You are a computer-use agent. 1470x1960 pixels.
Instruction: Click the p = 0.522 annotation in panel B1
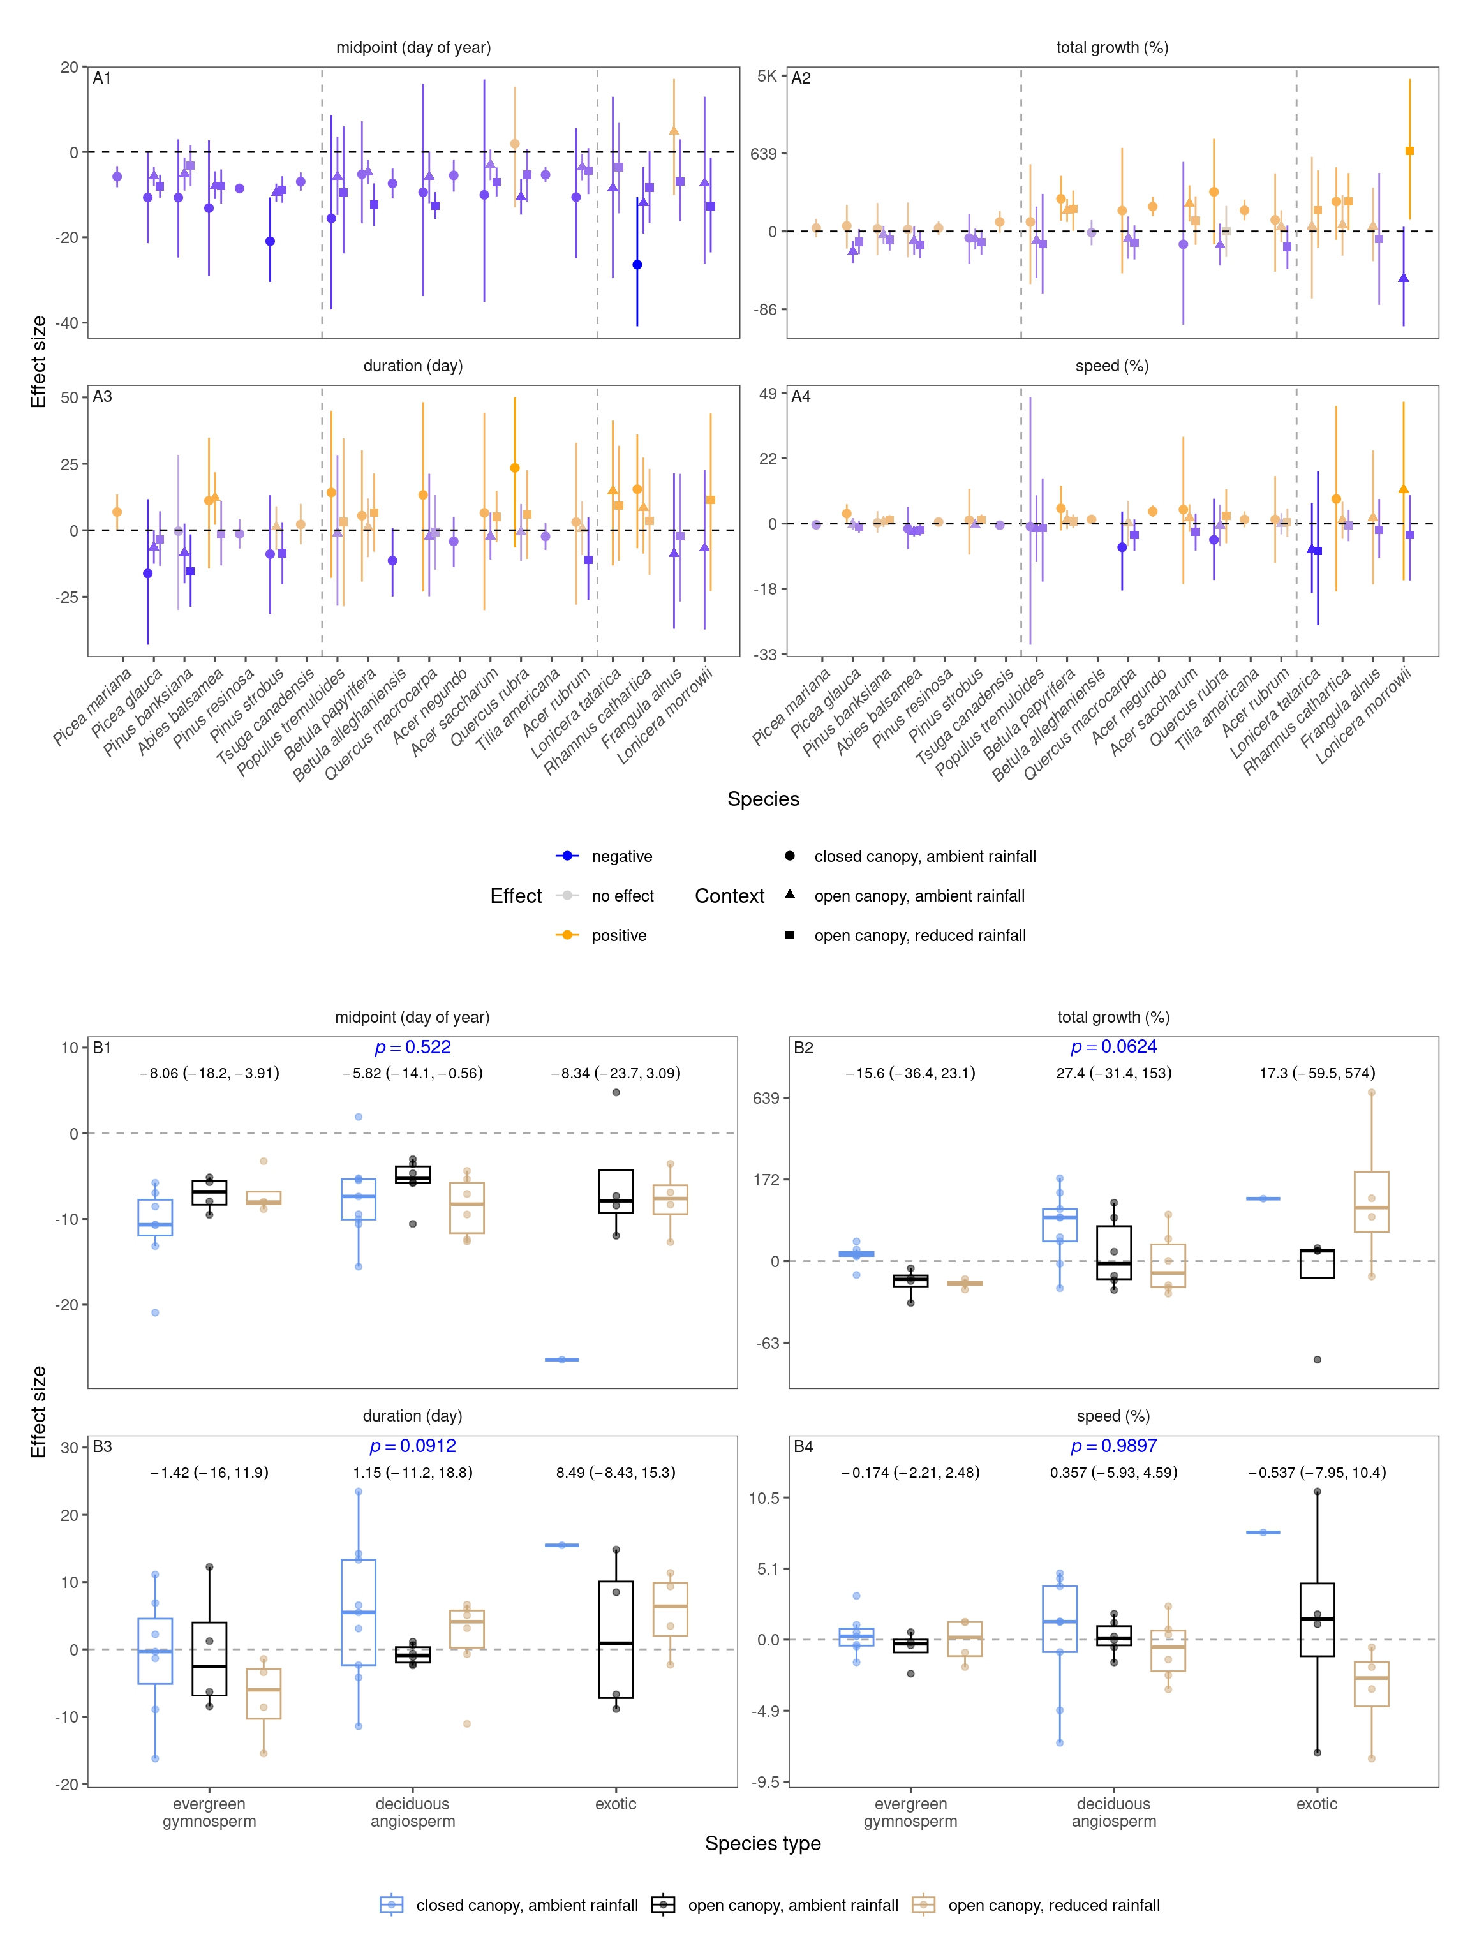(412, 1048)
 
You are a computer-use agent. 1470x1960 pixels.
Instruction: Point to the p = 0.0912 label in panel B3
(412, 1446)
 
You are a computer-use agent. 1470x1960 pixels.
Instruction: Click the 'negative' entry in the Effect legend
(621, 857)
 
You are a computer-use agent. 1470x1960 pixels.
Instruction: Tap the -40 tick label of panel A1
(68, 323)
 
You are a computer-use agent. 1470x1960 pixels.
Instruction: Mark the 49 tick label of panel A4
(768, 394)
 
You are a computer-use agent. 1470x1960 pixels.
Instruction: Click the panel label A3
(102, 397)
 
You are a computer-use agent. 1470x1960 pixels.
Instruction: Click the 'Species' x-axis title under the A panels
(763, 799)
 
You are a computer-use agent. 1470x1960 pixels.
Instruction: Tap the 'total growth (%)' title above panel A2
(1111, 48)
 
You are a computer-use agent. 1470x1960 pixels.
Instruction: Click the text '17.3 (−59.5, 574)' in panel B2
(1317, 1074)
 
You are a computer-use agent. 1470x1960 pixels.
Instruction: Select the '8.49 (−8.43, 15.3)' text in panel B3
(615, 1473)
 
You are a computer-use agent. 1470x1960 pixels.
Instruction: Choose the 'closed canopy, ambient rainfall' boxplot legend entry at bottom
(526, 1906)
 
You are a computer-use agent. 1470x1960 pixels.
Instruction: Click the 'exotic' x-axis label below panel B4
(1317, 1804)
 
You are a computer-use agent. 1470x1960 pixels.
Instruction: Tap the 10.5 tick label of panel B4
(764, 1498)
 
